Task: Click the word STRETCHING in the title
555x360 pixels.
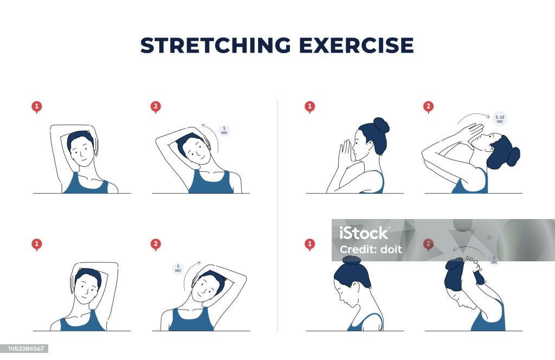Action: tap(215, 46)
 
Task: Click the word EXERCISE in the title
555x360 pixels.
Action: tap(356, 46)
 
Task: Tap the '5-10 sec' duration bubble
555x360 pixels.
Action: tap(499, 118)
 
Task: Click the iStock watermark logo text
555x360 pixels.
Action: tap(364, 233)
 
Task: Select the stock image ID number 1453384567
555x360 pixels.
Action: tap(25, 349)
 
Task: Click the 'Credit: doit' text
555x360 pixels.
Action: tap(371, 249)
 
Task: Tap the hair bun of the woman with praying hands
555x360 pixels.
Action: tap(381, 125)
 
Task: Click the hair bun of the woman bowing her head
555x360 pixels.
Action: tap(351, 260)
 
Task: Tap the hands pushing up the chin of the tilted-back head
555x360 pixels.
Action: tap(468, 133)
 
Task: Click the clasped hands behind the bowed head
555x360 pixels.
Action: tap(474, 266)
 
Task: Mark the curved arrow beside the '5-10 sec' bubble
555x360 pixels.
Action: tap(473, 117)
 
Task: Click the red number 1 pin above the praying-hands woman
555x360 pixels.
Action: tap(309, 107)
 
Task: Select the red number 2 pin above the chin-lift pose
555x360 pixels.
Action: tap(428, 107)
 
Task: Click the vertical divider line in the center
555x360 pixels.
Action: tap(277, 217)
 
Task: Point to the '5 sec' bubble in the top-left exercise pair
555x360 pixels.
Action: tap(224, 131)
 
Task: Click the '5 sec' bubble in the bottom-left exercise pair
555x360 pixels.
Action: tap(178, 268)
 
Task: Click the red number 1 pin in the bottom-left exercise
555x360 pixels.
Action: tap(36, 245)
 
